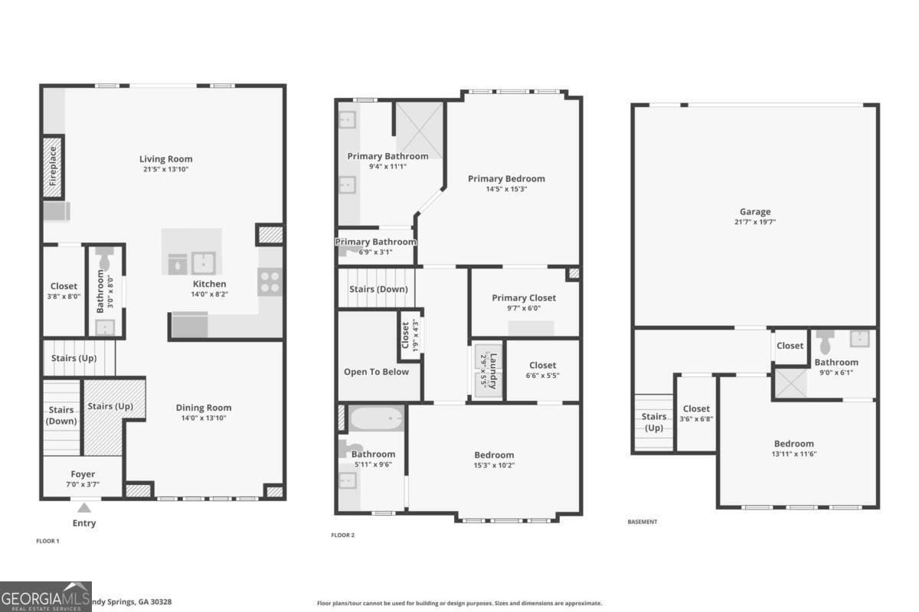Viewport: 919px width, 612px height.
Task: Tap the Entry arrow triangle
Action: point(84,507)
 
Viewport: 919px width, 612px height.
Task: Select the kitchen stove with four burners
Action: point(270,282)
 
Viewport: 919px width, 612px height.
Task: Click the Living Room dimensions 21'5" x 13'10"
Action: point(165,169)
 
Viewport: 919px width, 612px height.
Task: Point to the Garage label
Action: point(755,212)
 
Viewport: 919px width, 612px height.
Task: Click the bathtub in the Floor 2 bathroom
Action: point(376,419)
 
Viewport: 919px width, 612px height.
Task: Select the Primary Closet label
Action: point(524,298)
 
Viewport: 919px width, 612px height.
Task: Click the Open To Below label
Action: point(376,372)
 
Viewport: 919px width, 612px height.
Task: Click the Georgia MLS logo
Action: point(46,596)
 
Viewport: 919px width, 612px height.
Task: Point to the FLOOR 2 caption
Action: point(343,535)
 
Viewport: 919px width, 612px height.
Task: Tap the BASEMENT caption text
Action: point(642,522)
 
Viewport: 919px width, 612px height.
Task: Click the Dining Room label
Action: point(204,408)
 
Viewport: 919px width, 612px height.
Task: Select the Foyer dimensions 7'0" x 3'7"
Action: point(83,484)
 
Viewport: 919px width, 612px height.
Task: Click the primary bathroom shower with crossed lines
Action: point(419,130)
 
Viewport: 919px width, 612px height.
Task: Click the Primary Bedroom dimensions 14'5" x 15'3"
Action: point(506,189)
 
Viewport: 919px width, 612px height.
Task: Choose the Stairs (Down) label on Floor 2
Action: point(378,289)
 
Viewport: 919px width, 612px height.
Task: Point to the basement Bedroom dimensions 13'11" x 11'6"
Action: point(793,454)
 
